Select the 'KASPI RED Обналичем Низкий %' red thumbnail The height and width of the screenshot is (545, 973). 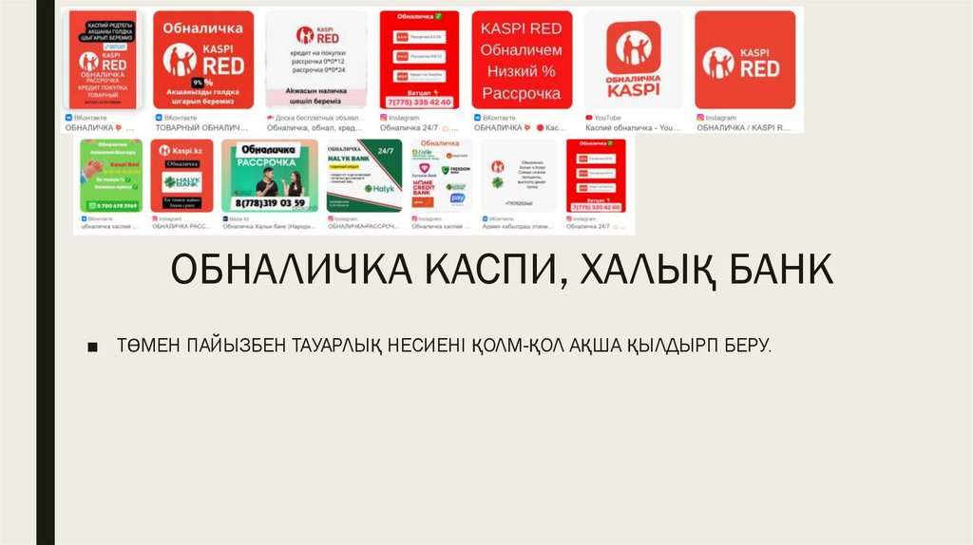coord(522,59)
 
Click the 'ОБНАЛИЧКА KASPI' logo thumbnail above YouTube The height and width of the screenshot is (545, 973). coord(632,59)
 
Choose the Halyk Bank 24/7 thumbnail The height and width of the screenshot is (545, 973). coord(364,175)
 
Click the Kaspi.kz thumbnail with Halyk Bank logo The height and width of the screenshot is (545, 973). coord(181,175)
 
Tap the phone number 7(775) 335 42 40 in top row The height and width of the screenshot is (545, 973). coord(419,101)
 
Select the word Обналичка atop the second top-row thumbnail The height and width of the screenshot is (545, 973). coord(202,28)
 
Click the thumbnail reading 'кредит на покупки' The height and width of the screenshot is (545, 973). coord(315,61)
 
